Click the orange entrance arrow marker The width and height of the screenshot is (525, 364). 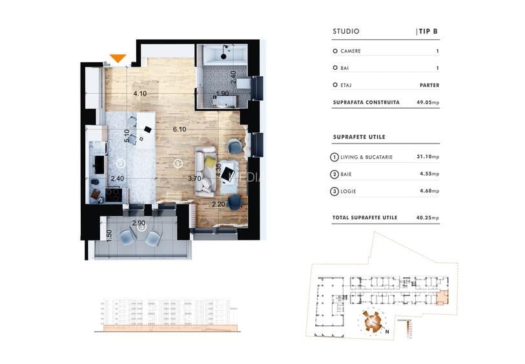[x=118, y=59]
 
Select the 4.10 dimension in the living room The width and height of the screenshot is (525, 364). [x=140, y=94]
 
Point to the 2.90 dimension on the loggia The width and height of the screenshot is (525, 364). [x=138, y=223]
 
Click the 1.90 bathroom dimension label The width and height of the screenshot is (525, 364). [x=222, y=94]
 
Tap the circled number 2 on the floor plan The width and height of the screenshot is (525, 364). [x=121, y=164]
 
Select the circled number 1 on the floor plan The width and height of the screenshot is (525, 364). [x=178, y=164]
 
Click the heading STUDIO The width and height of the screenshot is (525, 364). [x=345, y=31]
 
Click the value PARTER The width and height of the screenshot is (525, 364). [x=429, y=85]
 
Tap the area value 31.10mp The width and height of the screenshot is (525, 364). [x=427, y=157]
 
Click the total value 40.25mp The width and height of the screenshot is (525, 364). [x=427, y=218]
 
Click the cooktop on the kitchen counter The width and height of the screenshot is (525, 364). [x=112, y=193]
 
